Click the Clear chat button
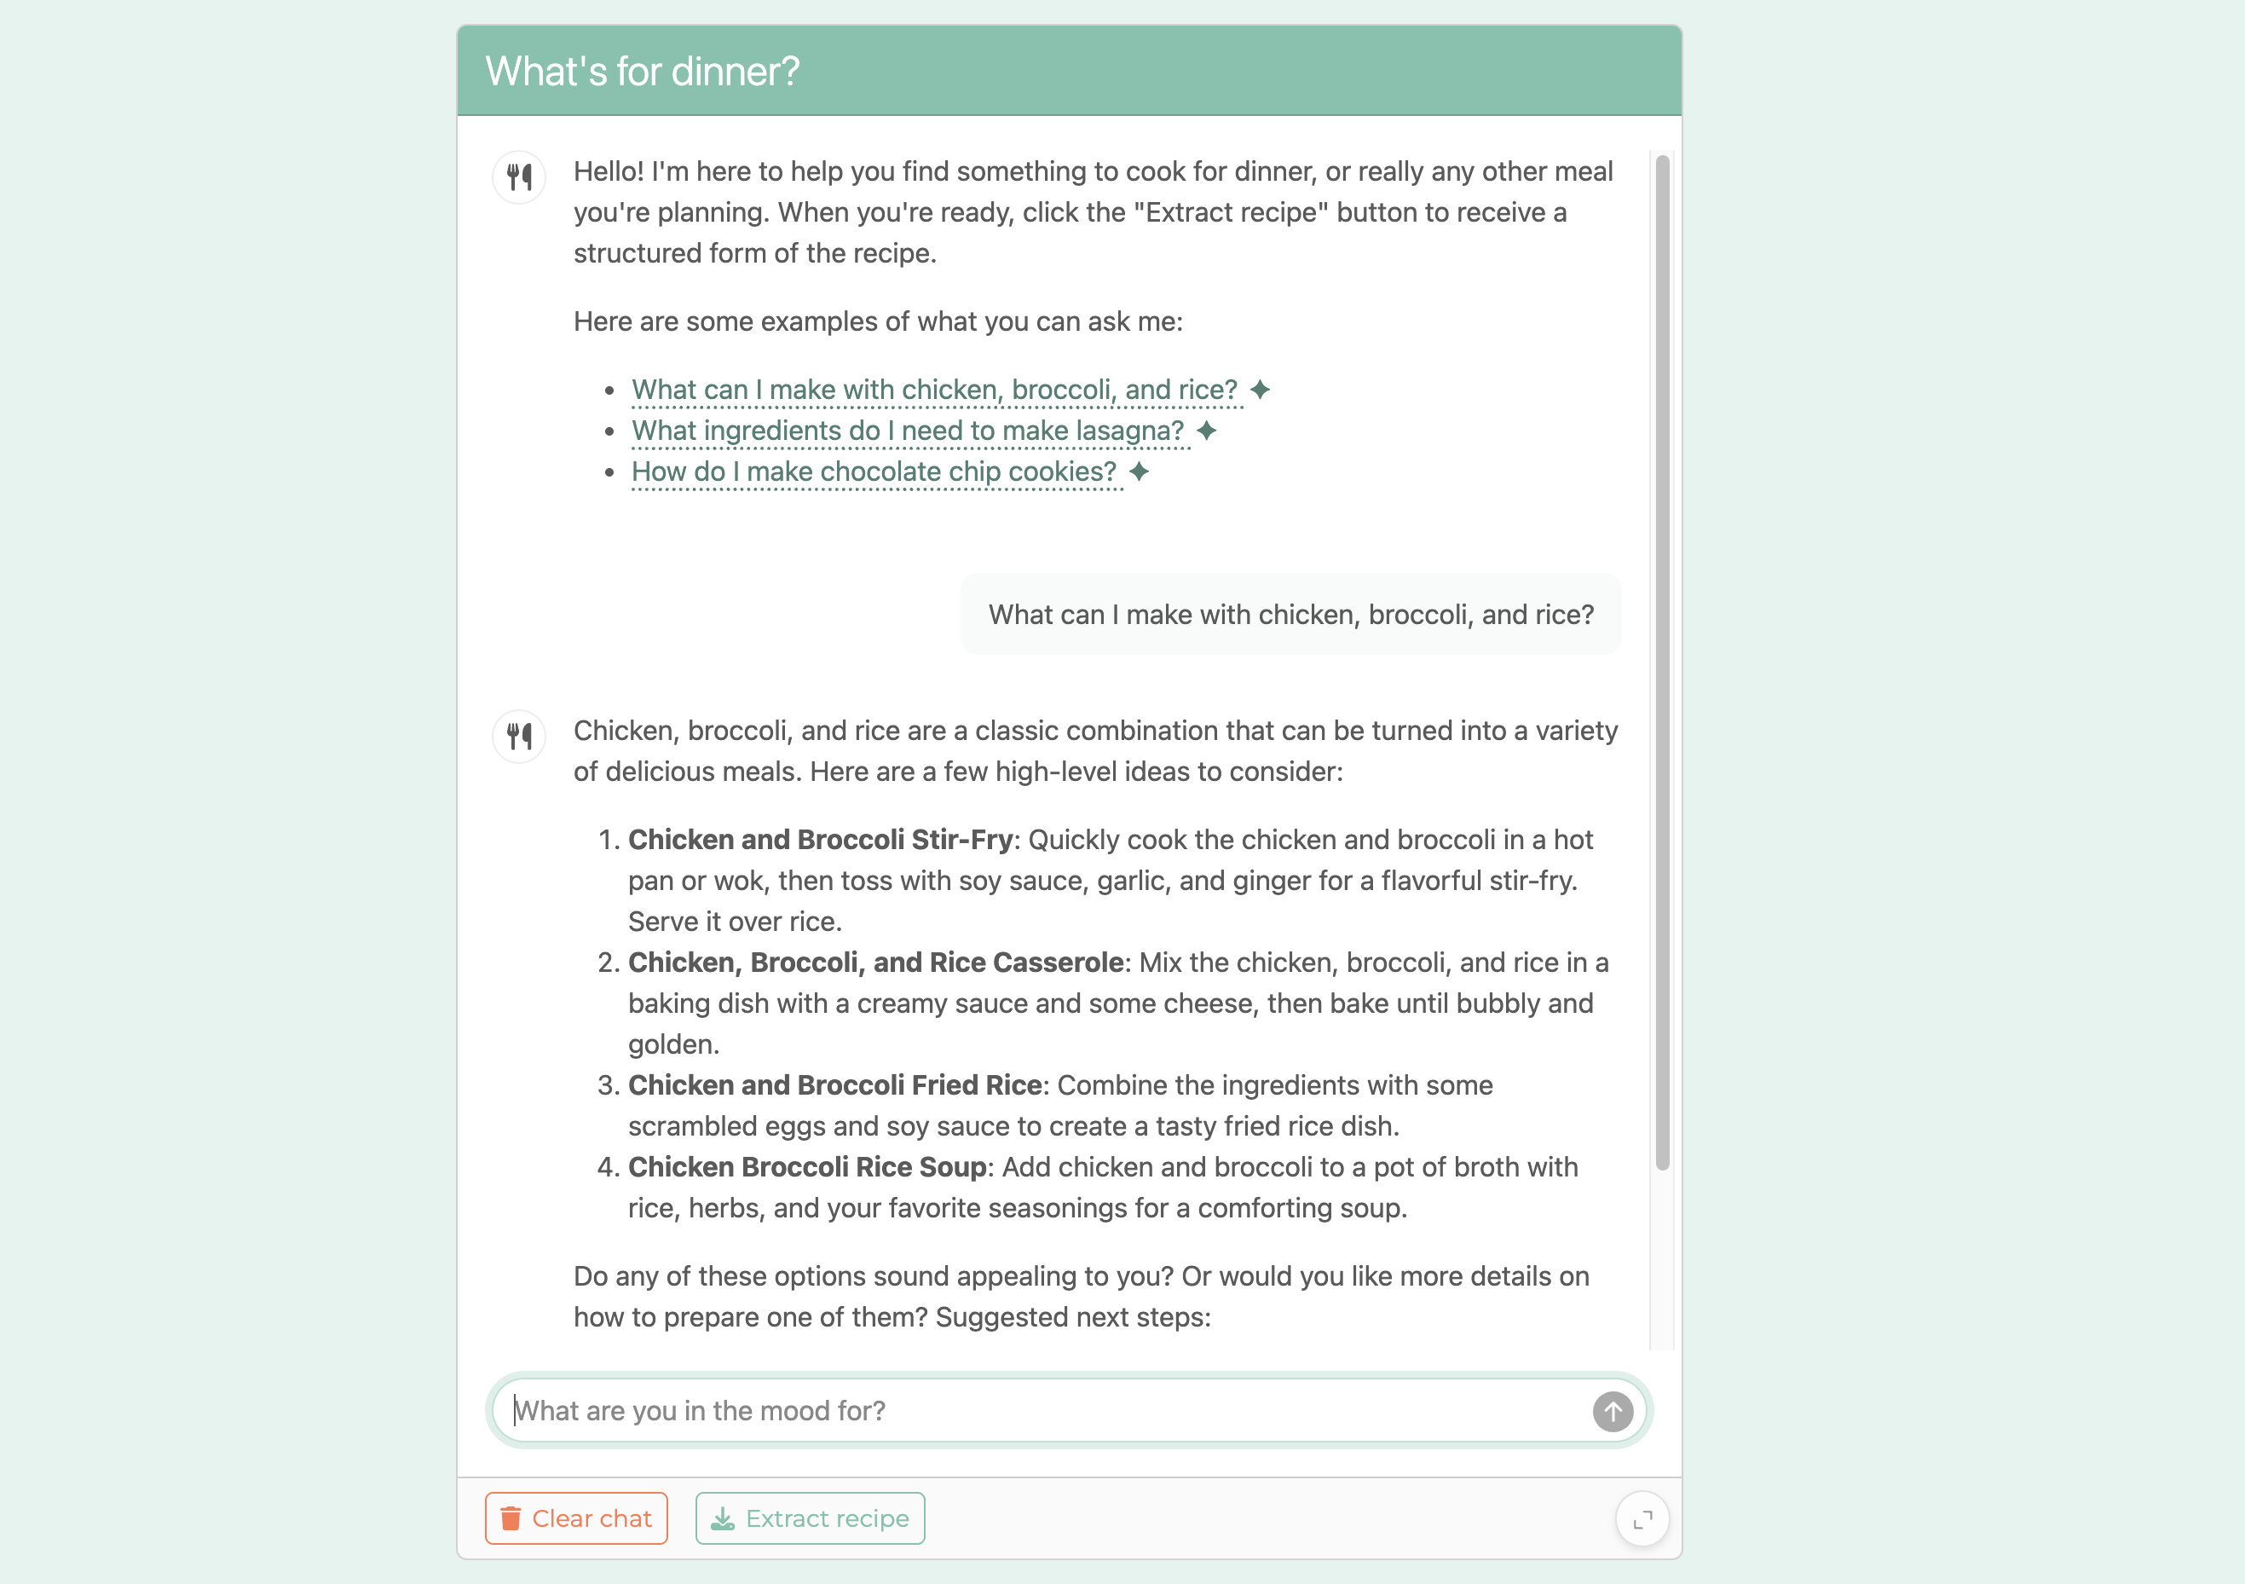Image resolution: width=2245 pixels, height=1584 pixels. [576, 1518]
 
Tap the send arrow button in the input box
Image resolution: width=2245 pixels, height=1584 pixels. [1613, 1411]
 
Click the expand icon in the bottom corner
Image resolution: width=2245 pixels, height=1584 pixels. [1642, 1518]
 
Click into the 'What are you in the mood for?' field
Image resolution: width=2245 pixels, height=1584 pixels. [1047, 1411]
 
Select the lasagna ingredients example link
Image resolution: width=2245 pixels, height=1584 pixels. [908, 431]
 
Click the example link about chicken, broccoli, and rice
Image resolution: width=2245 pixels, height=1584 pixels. [934, 390]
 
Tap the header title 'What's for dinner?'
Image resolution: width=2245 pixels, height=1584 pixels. [643, 72]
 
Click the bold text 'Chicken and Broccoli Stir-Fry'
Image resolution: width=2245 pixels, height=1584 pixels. [819, 840]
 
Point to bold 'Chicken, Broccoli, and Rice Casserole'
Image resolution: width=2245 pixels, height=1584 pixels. [875, 963]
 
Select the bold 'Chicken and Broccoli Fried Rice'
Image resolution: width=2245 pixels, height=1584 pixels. [834, 1085]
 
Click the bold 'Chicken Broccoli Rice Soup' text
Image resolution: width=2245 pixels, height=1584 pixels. [806, 1167]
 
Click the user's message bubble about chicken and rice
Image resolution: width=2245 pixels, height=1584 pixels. [1290, 615]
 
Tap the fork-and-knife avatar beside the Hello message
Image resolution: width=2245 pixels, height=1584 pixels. [519, 177]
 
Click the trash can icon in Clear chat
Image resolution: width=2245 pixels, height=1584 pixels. [511, 1518]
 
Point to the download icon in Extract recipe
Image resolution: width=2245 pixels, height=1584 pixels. [723, 1518]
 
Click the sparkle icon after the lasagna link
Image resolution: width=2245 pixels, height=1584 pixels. [1207, 431]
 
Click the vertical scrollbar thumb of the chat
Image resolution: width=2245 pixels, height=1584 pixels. [1662, 661]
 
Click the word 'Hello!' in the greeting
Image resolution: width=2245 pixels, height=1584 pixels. [609, 172]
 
